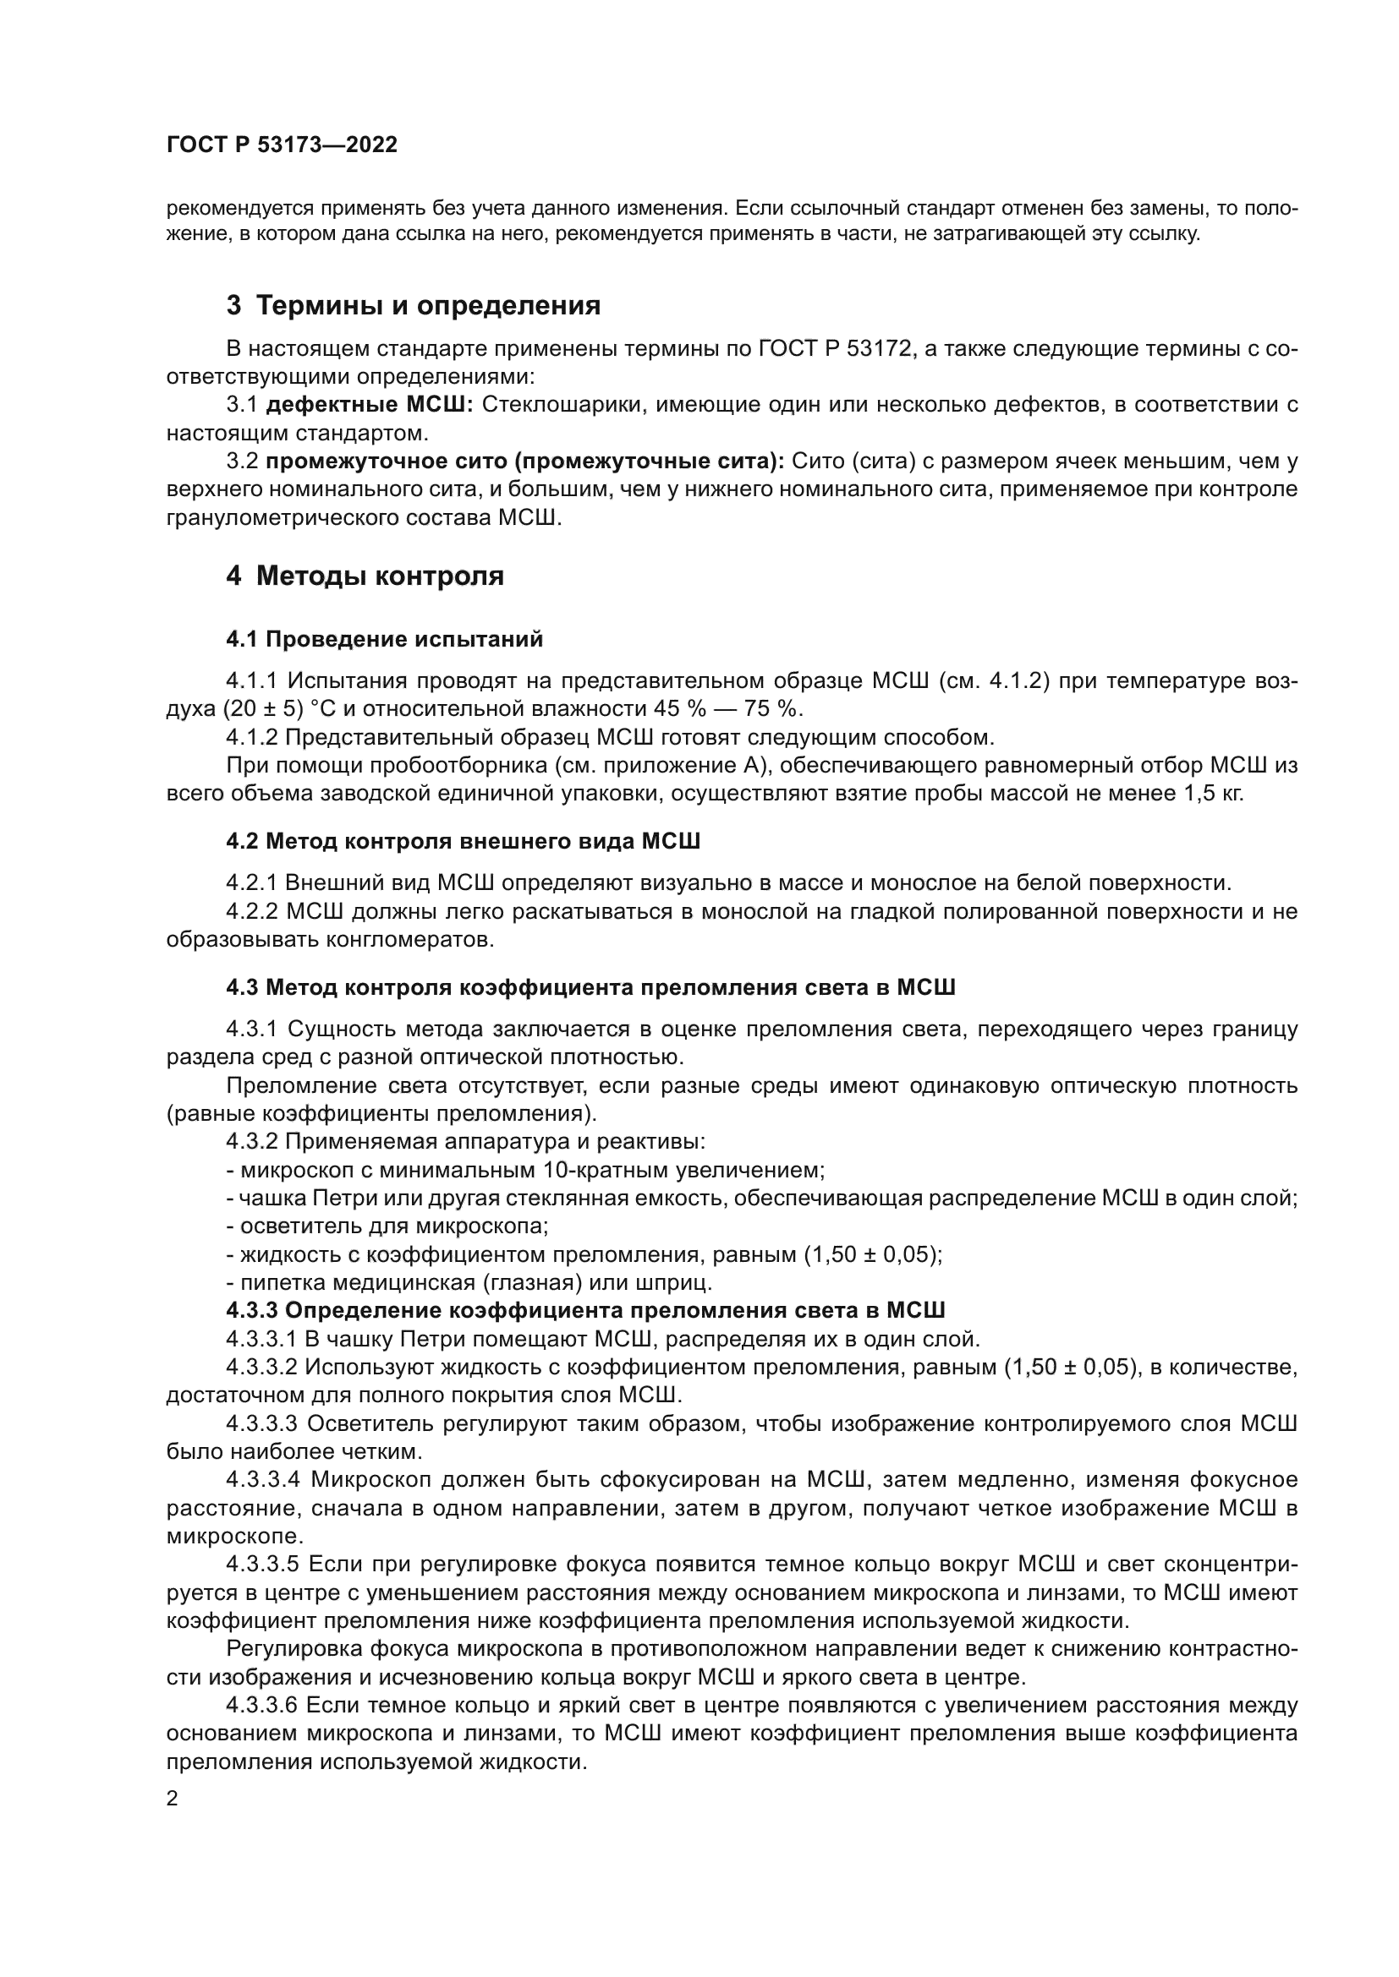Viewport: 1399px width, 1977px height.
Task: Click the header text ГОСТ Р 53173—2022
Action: pyautogui.click(x=282, y=145)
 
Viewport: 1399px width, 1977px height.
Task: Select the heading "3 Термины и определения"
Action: pyautogui.click(x=413, y=306)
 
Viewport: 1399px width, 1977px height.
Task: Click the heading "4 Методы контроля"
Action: pyautogui.click(x=365, y=576)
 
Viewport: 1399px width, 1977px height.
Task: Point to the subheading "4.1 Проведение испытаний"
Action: pyautogui.click(x=384, y=639)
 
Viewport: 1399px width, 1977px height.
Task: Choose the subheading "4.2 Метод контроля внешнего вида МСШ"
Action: pyautogui.click(x=463, y=840)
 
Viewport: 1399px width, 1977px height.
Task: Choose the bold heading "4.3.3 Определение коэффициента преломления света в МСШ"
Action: pyautogui.click(x=586, y=1311)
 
